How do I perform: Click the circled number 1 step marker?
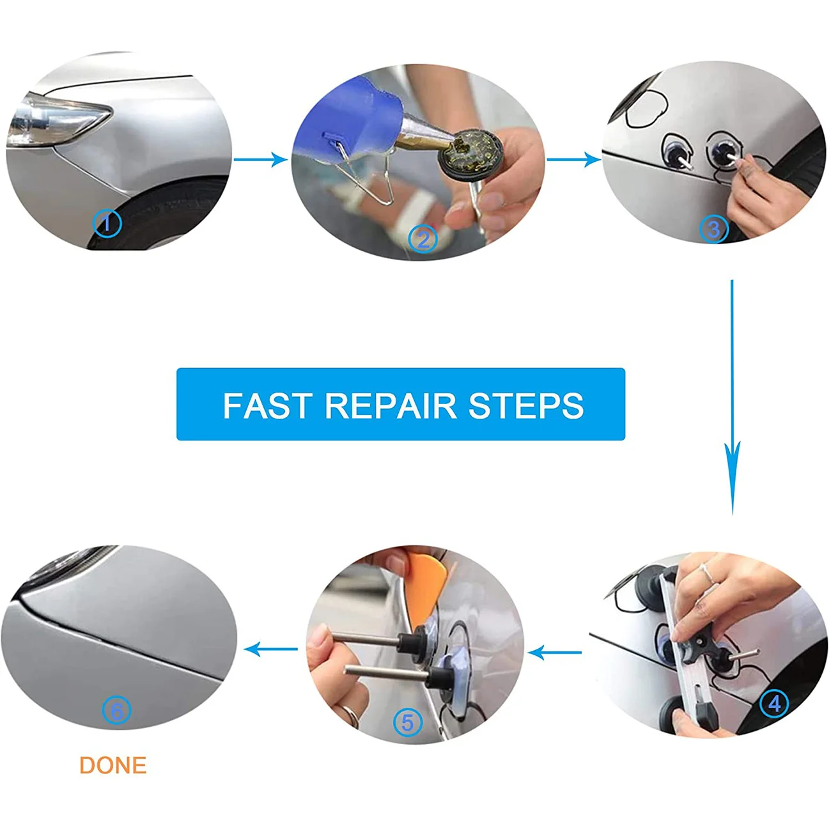[107, 224]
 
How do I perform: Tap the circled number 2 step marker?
[423, 240]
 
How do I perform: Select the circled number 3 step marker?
[713, 229]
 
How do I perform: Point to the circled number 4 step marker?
[774, 703]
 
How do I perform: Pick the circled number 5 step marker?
[408, 723]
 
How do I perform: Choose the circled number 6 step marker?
[116, 710]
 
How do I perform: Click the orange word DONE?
[113, 765]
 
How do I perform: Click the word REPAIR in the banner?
[391, 405]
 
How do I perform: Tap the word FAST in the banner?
[267, 405]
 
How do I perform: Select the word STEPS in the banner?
[526, 405]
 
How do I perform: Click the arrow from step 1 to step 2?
[260, 159]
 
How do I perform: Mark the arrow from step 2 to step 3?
[573, 159]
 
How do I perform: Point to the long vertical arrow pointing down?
[733, 396]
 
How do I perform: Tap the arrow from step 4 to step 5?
[555, 653]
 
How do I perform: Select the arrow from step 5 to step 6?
[271, 649]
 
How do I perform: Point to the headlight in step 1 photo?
[58, 121]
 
